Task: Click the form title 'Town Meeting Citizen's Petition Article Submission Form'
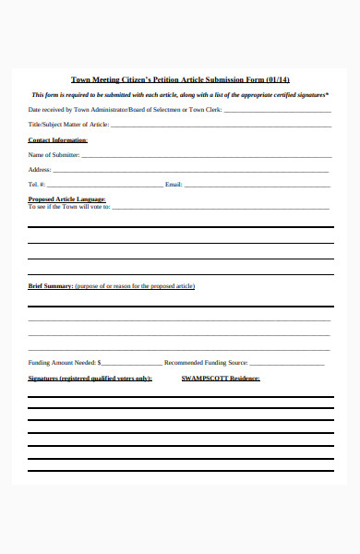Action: (x=167, y=79)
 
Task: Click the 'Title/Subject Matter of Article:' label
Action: (x=69, y=124)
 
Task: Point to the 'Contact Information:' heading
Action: (x=58, y=140)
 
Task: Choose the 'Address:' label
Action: (x=40, y=170)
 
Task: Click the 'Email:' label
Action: (x=174, y=185)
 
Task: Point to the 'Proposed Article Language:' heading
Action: (x=67, y=199)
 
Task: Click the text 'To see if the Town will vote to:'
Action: (x=69, y=207)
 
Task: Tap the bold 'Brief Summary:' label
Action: (x=51, y=286)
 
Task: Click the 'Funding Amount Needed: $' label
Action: (x=65, y=363)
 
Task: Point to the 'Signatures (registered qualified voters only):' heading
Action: (x=90, y=379)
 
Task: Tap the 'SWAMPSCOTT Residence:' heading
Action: (x=220, y=379)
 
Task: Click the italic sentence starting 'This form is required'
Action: (x=180, y=95)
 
